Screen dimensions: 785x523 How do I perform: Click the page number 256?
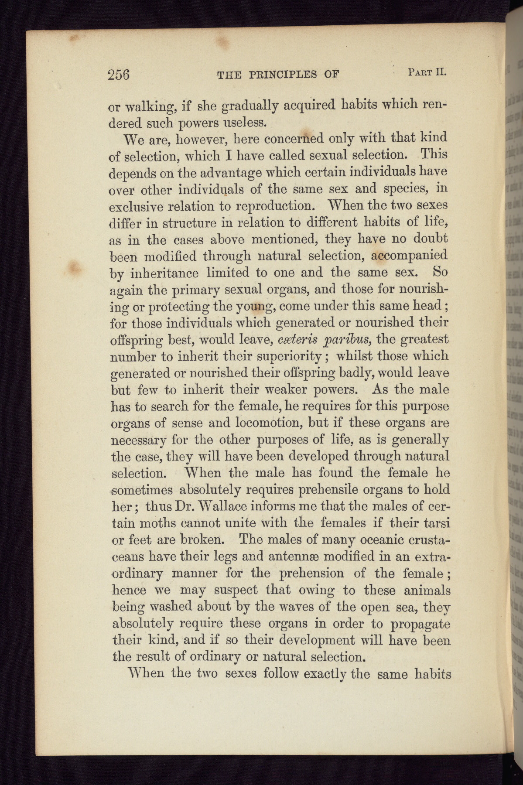119,74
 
